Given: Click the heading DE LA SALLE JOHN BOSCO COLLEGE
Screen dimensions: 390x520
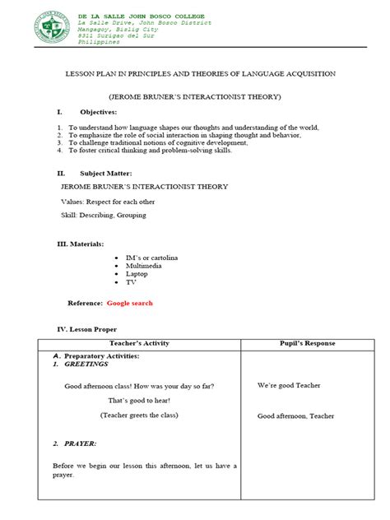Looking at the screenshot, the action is coord(141,16).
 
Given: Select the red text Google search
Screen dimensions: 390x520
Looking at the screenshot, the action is coord(129,303).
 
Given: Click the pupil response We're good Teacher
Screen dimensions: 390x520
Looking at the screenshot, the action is coord(289,385).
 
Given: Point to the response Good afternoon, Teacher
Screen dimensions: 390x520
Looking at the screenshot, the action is coord(295,416).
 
